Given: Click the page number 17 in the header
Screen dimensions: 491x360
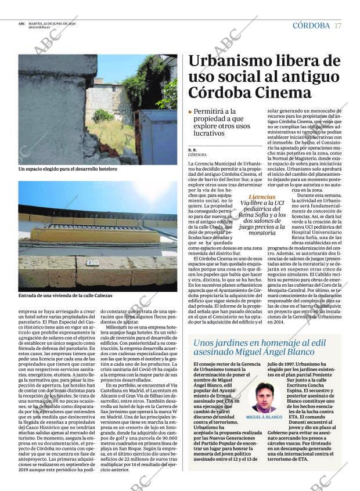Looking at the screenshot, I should tap(339, 26).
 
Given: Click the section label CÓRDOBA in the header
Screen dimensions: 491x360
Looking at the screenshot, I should tap(311, 26).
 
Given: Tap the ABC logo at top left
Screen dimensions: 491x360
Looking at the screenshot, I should tap(21, 23).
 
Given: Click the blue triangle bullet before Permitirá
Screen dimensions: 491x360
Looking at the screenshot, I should tap(190, 111).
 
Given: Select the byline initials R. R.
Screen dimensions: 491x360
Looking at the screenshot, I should tap(192, 150).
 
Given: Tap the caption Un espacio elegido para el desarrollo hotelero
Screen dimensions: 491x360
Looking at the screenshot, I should tap(68, 169).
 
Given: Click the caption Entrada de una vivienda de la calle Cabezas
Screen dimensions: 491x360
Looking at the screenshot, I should tap(66, 295).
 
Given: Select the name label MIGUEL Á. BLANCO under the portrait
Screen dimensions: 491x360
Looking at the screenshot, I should tap(264, 417).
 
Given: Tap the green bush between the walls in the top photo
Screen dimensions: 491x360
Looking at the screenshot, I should tap(102, 115).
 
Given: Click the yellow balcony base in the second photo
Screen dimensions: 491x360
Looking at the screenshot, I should tap(93, 235).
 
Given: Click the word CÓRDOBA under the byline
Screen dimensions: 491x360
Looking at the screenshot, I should tap(197, 155).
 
